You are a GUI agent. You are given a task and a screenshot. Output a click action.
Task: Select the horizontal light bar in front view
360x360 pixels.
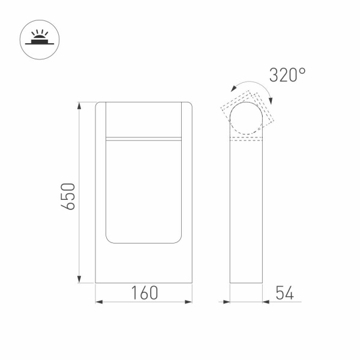(144, 139)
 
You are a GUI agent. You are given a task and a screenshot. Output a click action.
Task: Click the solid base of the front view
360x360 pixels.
(144, 264)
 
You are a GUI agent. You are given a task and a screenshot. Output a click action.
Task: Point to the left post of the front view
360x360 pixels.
(101, 180)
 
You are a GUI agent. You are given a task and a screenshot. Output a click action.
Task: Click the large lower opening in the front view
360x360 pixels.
(144, 192)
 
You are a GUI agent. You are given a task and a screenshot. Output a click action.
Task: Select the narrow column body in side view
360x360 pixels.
(247, 210)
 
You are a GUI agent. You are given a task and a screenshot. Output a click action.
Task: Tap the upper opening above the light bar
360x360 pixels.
(144, 120)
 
